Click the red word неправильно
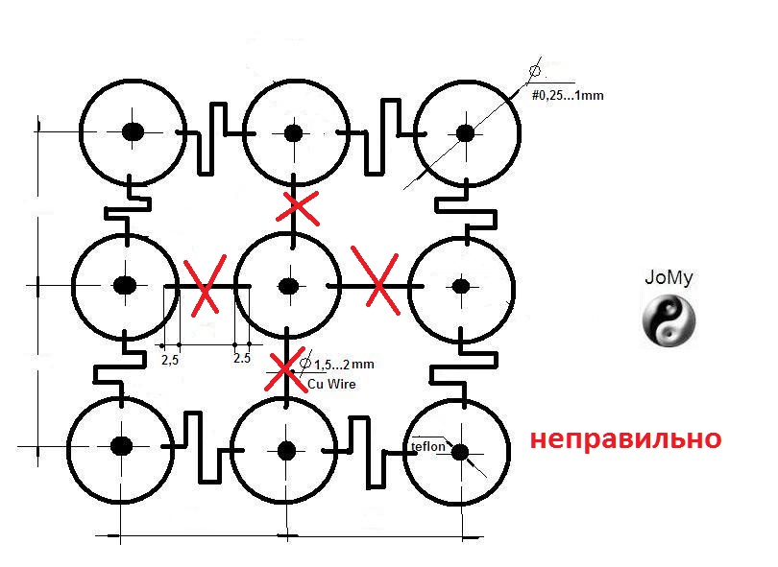tap(625, 439)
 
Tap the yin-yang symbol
tap(668, 319)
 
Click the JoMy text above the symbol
tap(668, 280)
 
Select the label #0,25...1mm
tap(567, 95)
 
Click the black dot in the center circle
tap(287, 286)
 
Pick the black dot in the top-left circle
tap(133, 131)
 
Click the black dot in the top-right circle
tap(465, 132)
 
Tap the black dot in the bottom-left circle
tap(121, 445)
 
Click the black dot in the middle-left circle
tap(124, 285)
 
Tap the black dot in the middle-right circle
tap(460, 285)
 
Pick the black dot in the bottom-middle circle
tap(285, 448)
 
